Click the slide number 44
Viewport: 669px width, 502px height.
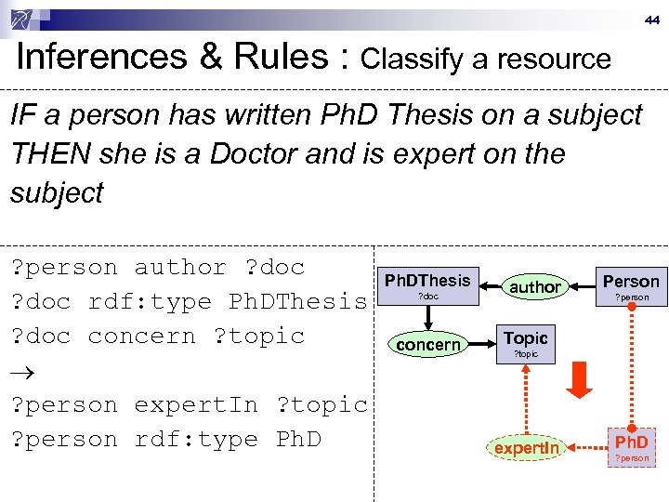click(x=650, y=19)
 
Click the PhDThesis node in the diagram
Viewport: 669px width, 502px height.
click(x=427, y=285)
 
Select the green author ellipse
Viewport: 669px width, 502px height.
click(x=535, y=287)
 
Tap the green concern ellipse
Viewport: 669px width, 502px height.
click(x=427, y=345)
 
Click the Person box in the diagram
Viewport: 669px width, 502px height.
click(x=631, y=285)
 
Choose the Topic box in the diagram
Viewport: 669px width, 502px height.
click(x=526, y=343)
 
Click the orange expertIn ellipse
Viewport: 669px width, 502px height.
click(x=527, y=448)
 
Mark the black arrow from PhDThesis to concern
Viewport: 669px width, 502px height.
click(x=427, y=316)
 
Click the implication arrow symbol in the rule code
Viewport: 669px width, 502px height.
click(x=21, y=371)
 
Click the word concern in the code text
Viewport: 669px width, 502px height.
click(x=150, y=337)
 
